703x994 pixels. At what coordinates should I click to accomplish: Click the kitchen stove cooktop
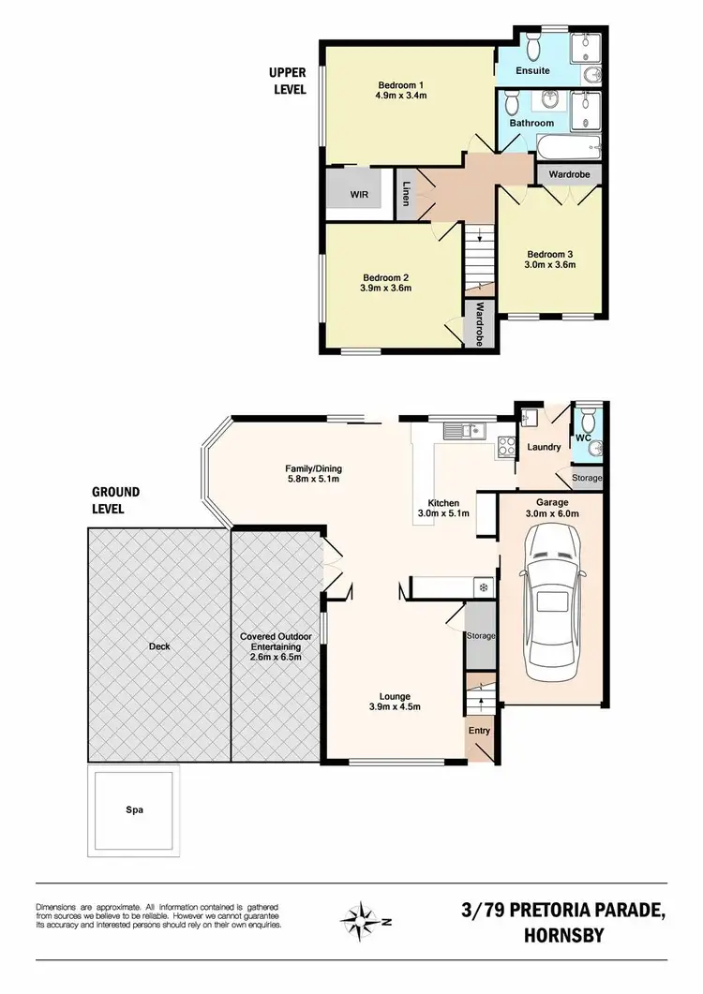(x=506, y=448)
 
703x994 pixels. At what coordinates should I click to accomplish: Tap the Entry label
(x=479, y=731)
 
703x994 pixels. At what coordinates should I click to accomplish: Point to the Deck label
(x=158, y=645)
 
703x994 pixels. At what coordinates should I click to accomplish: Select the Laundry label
(x=543, y=447)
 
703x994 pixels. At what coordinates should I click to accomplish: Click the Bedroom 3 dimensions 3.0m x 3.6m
(x=549, y=265)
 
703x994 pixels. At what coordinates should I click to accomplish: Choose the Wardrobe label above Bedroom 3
(x=568, y=173)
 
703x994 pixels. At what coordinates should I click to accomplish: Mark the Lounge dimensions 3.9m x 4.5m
(x=395, y=707)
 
